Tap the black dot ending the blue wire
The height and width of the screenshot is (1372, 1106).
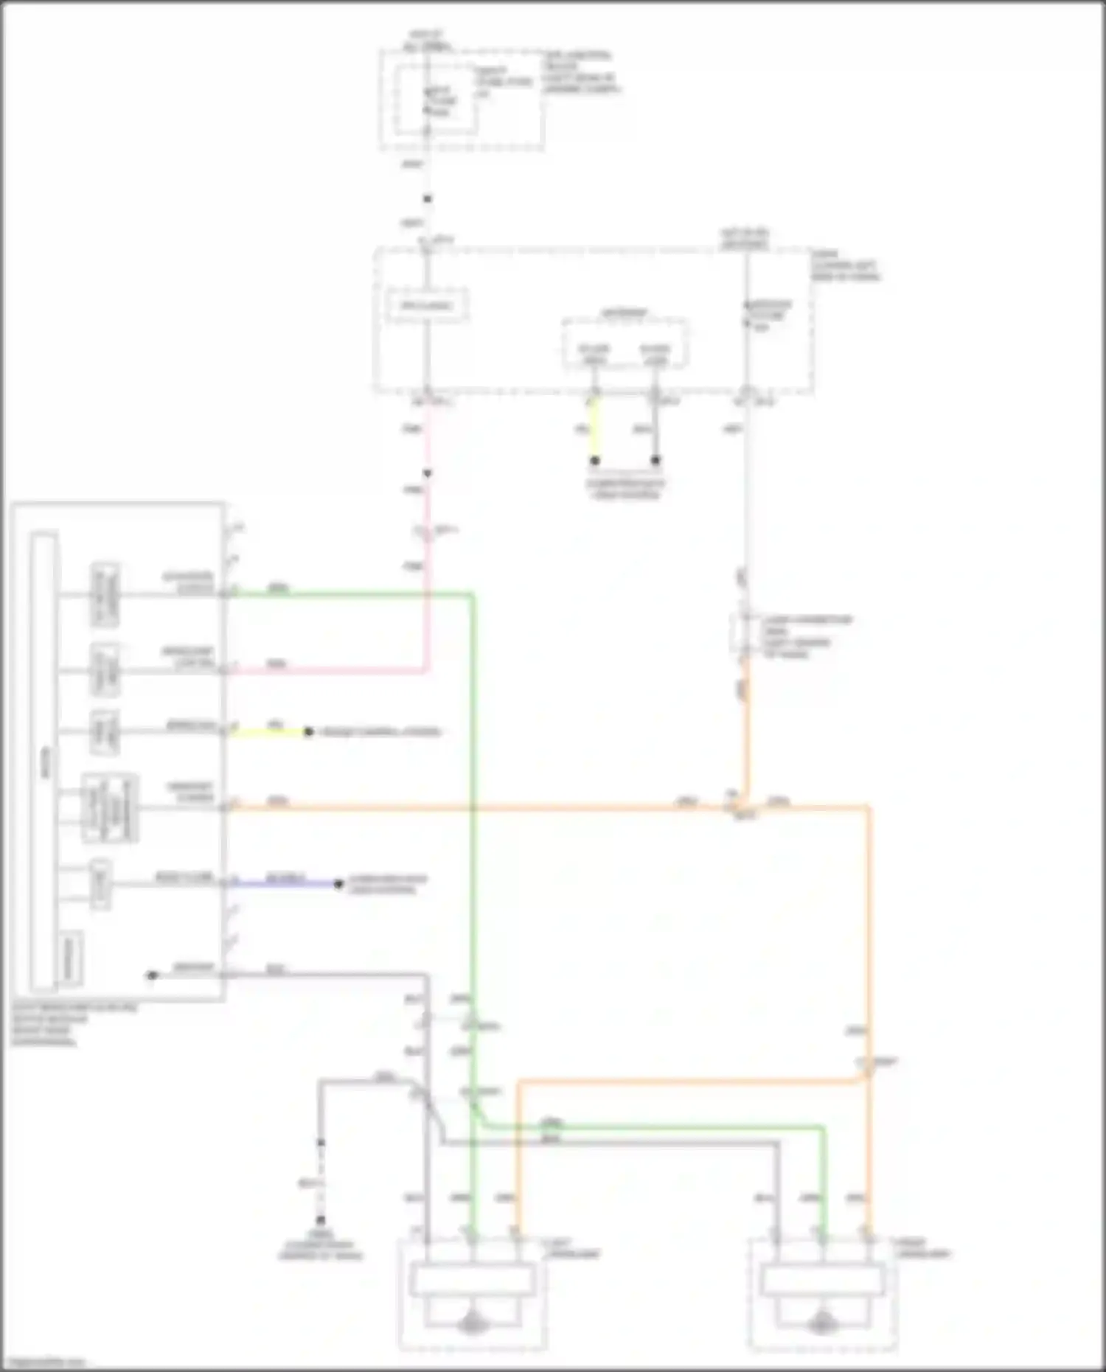click(338, 883)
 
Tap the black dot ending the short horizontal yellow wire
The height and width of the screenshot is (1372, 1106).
click(309, 732)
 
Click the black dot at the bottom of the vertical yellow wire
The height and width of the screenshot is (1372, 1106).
click(595, 461)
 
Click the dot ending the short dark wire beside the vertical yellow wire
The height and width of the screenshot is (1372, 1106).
click(655, 461)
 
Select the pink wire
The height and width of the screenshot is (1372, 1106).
click(426, 590)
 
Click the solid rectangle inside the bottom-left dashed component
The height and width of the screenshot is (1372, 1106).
click(473, 1280)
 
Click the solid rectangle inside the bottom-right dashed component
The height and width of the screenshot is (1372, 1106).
click(823, 1280)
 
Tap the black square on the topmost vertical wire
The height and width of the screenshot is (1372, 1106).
click(427, 199)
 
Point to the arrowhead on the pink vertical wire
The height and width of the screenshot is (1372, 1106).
click(427, 473)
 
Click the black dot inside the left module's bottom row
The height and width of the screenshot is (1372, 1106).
click(153, 975)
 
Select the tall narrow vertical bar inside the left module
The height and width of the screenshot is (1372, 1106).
click(44, 762)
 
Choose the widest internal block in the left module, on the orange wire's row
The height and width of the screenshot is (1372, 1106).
click(109, 808)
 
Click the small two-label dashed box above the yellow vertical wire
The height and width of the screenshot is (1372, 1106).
click(625, 344)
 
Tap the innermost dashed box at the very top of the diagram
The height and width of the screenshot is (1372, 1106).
click(434, 100)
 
